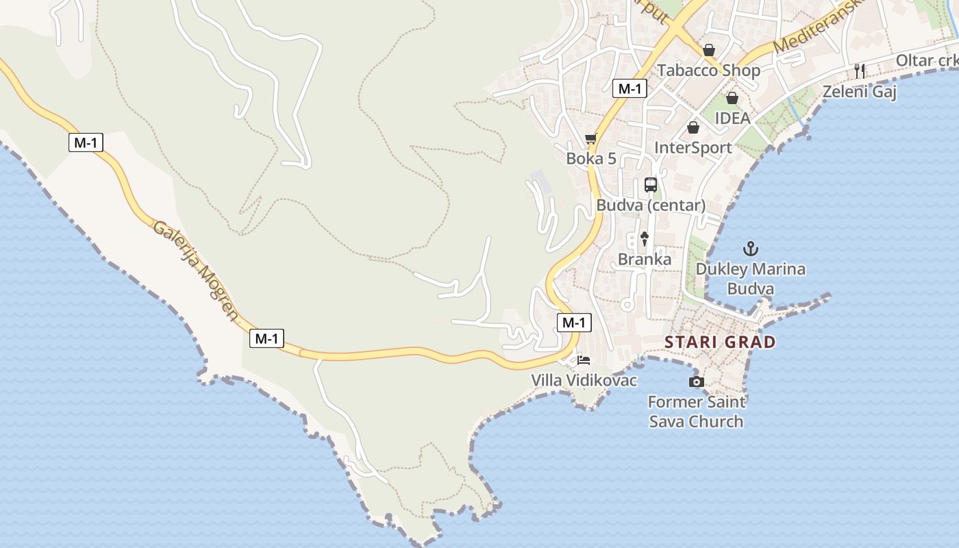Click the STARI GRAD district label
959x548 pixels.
[720, 342]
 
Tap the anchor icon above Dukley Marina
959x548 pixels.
[751, 248]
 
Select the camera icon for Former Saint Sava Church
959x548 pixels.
[696, 382]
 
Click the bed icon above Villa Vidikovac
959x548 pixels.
[584, 360]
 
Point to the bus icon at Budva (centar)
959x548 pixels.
[650, 185]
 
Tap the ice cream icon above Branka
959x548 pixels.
[644, 238]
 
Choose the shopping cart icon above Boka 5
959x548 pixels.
[590, 139]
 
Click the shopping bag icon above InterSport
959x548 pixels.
[693, 127]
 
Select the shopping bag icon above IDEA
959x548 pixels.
[732, 98]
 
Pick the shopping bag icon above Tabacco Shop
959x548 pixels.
[708, 50]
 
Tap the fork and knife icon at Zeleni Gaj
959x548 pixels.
[860, 71]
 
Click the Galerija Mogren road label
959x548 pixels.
[196, 271]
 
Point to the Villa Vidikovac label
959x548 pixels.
[584, 380]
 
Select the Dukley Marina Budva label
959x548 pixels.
[751, 279]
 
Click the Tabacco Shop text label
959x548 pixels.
[708, 71]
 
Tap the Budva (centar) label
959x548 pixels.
[650, 205]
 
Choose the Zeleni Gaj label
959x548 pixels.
[860, 91]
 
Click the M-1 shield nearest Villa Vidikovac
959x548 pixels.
[574, 323]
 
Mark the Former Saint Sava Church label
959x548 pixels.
[696, 411]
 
